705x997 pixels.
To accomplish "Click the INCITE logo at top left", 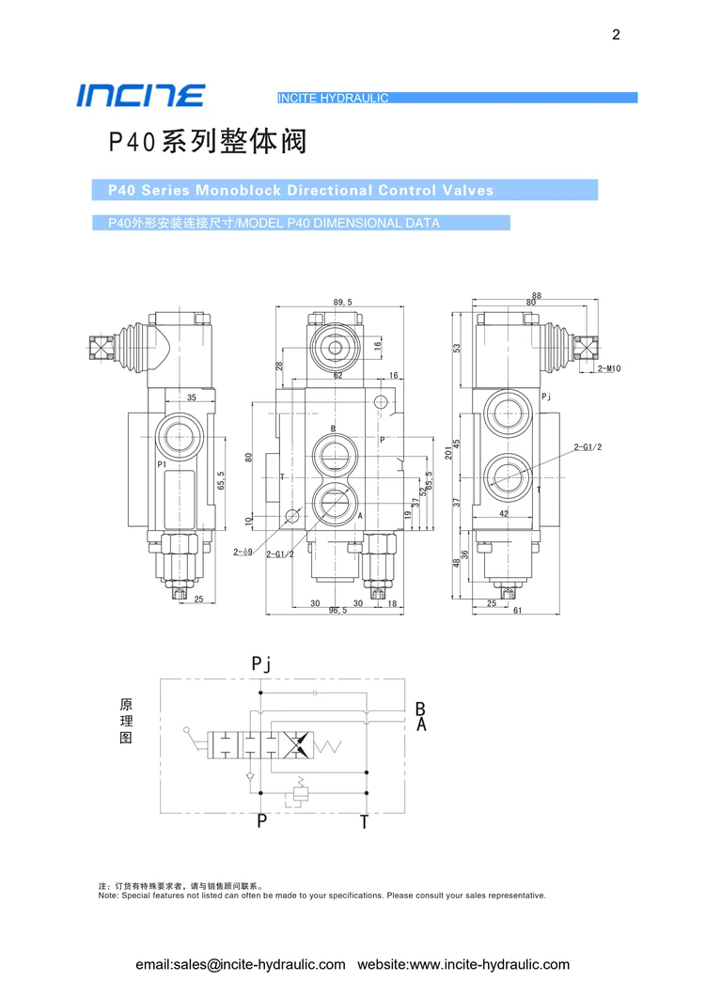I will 140,95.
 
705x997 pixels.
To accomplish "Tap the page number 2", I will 616,36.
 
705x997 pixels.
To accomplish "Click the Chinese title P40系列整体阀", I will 207,142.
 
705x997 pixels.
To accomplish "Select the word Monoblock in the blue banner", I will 238,190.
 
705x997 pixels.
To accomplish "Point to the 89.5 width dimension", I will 342,303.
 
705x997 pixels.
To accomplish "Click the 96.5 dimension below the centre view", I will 338,610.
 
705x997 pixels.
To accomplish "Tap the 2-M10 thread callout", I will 609,369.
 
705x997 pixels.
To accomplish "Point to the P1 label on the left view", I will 162,464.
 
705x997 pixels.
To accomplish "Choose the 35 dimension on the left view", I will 191,398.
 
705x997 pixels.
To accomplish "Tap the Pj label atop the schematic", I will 261,664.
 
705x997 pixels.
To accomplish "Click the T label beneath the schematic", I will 365,822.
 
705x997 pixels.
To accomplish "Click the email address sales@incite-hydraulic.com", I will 241,964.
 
